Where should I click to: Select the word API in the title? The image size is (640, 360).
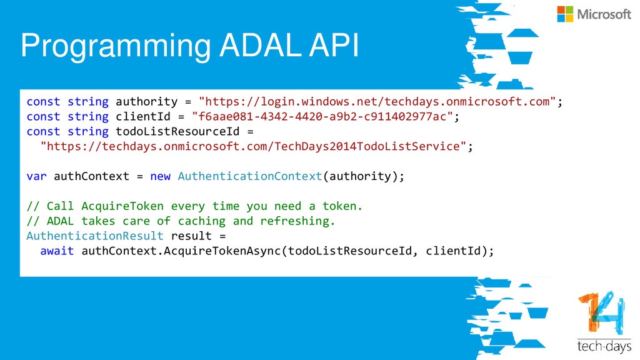[335, 46]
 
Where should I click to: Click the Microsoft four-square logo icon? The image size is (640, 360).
[565, 14]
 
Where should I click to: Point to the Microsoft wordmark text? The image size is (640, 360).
[604, 14]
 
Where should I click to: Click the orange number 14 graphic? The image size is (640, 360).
[600, 314]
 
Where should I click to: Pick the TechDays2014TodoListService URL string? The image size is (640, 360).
[253, 146]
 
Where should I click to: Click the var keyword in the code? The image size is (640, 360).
[36, 176]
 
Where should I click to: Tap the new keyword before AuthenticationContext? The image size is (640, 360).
[160, 176]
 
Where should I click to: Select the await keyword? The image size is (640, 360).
[57, 251]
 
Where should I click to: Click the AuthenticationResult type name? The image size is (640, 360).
[95, 236]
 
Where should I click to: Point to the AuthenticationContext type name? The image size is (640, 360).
[250, 176]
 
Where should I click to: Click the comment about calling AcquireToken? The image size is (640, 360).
[194, 206]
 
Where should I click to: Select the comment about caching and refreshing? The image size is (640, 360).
[181, 221]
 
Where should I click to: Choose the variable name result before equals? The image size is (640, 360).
[191, 236]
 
